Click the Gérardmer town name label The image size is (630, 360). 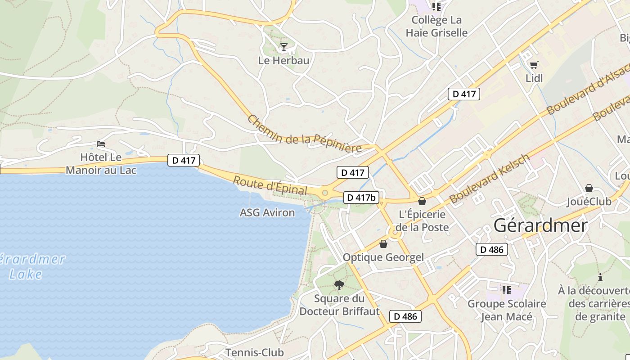point(540,225)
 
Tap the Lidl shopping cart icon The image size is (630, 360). point(534,65)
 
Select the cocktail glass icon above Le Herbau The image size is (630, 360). point(283,47)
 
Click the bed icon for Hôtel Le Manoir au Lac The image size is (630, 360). point(101,144)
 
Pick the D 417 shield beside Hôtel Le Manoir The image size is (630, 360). point(183,160)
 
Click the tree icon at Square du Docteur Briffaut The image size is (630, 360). point(339,285)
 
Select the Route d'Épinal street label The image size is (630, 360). point(270,186)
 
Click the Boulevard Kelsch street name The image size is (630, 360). point(489,179)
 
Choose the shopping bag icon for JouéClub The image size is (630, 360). point(589,188)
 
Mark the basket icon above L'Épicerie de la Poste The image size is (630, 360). point(422,201)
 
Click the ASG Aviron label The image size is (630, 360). point(267,212)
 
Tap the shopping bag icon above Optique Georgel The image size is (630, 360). point(383,244)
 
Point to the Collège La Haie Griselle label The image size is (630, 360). point(436,26)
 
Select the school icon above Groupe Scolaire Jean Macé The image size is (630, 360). point(507,290)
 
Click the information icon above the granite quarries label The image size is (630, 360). point(600,277)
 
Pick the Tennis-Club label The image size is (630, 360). point(255,352)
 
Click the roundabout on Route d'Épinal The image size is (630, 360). point(324,193)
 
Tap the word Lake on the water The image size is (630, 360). point(26,274)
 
